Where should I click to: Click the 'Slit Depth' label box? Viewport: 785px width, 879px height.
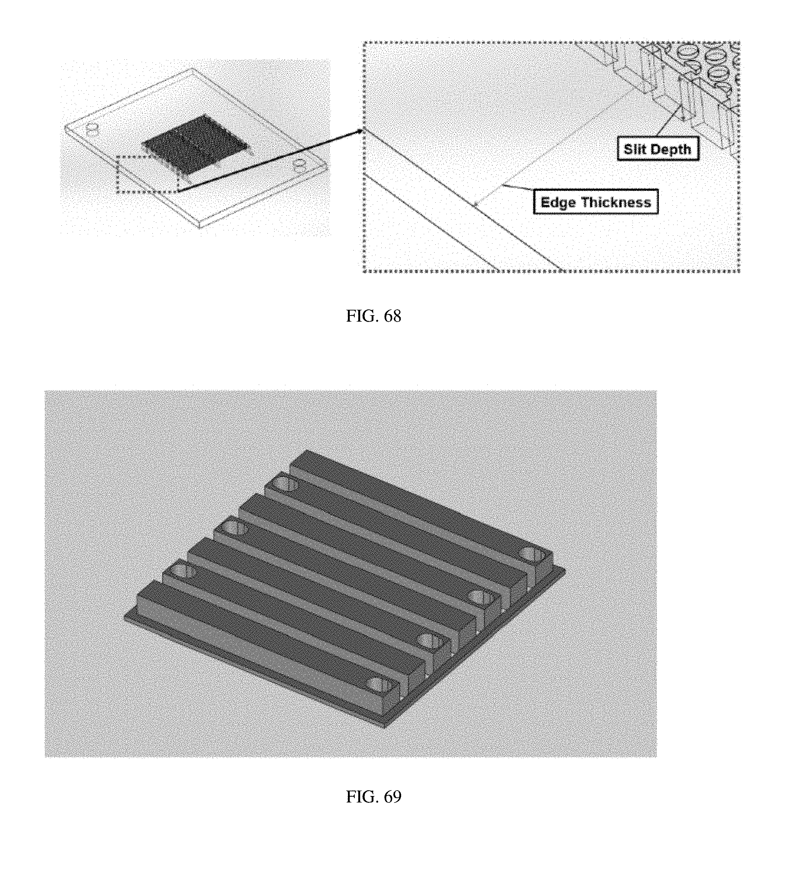[x=658, y=149]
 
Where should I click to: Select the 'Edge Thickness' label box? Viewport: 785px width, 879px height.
[x=596, y=202]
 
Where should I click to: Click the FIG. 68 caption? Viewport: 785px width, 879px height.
[x=373, y=316]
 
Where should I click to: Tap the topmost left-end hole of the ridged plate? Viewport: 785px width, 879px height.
[x=285, y=485]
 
